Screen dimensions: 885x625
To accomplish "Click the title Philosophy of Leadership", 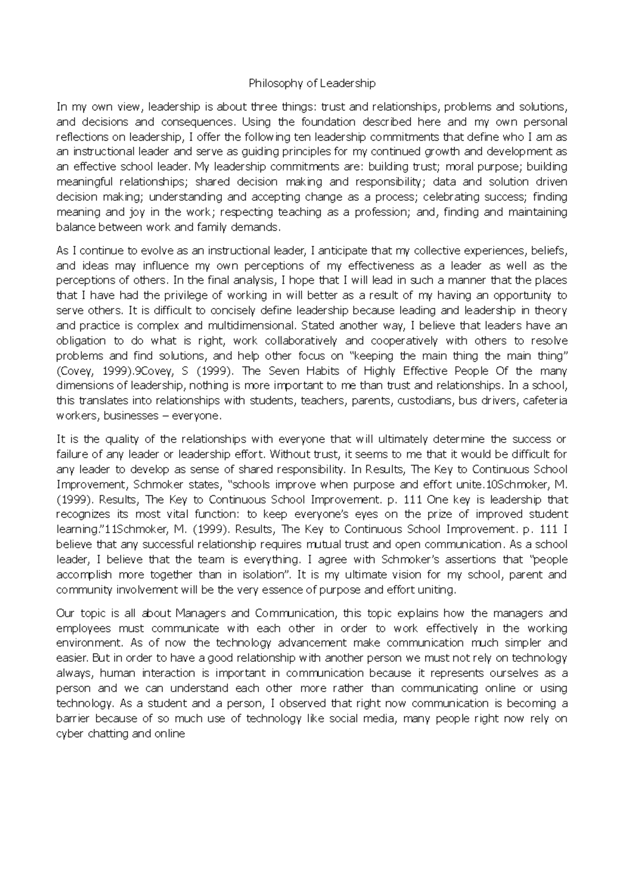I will pyautogui.click(x=312, y=83).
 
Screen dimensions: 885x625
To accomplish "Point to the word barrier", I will pyautogui.click(x=73, y=719).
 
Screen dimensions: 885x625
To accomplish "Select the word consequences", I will pyautogui.click(x=198, y=122).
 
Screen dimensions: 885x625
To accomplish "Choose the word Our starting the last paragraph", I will pyautogui.click(x=65, y=613).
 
